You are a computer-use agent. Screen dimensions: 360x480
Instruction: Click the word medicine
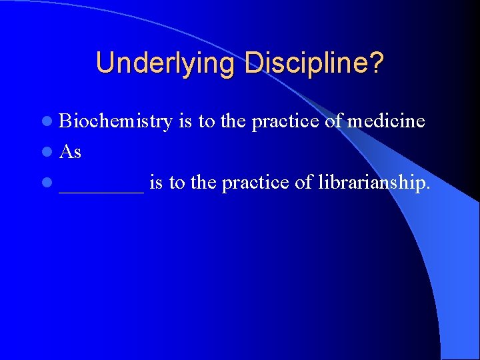(386, 121)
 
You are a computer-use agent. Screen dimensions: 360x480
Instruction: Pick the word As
(70, 152)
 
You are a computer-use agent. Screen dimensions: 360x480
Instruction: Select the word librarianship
(363, 183)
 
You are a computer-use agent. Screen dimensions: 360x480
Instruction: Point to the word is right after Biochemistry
(185, 121)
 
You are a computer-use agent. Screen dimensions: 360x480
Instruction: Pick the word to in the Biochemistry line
(206, 121)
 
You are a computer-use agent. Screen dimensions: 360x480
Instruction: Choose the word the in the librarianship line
(204, 183)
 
